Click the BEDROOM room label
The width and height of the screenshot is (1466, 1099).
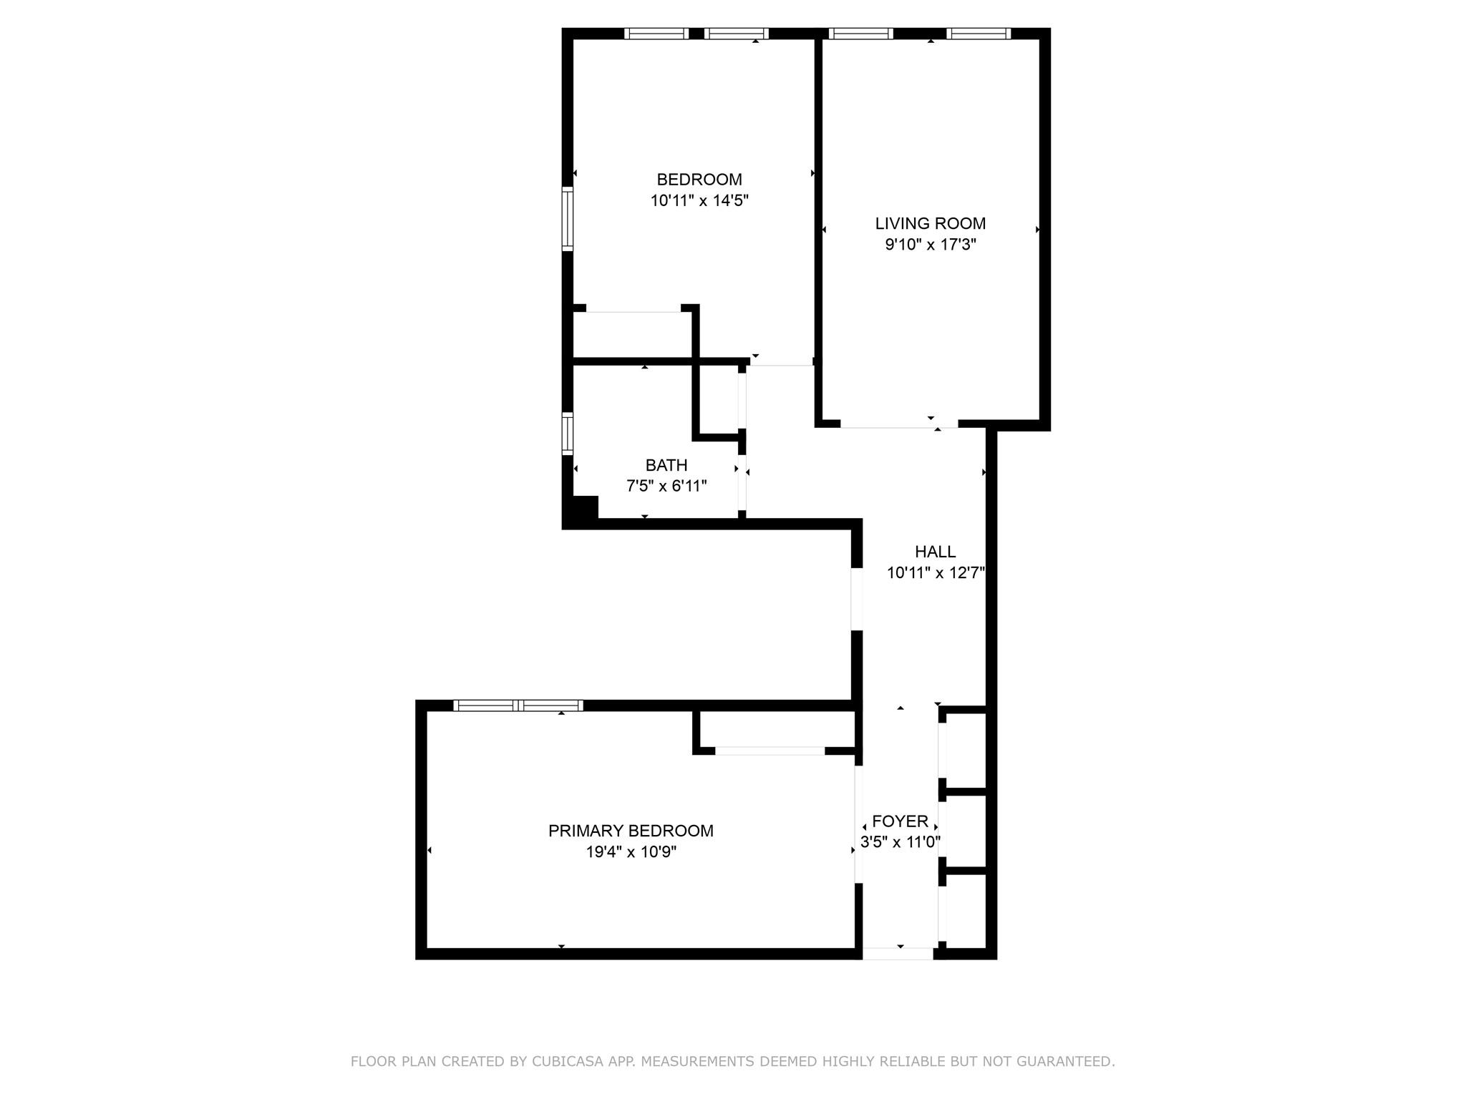(x=699, y=180)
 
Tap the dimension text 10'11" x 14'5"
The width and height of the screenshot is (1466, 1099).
(x=699, y=201)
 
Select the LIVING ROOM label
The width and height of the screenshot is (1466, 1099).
(x=930, y=223)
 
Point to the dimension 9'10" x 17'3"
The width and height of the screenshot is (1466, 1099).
(x=930, y=245)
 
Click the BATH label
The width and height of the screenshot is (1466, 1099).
(x=666, y=465)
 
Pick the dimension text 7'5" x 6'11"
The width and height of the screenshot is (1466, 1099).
(x=666, y=487)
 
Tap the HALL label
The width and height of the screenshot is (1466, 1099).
(x=935, y=552)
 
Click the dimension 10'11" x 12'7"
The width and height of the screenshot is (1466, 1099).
(x=935, y=573)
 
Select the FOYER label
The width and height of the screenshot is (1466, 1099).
(x=900, y=821)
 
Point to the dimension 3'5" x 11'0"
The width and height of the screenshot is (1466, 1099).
(x=900, y=842)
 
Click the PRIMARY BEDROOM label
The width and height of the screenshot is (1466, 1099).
(x=630, y=831)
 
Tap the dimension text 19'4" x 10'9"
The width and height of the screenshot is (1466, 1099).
(x=630, y=852)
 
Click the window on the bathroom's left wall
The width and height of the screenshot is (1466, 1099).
(x=567, y=434)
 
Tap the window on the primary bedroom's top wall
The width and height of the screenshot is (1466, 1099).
(x=518, y=705)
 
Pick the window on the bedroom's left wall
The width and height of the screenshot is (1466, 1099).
(x=567, y=218)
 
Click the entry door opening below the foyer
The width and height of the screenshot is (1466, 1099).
(x=898, y=953)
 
